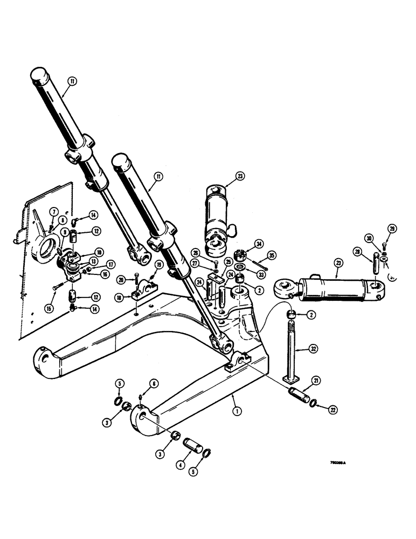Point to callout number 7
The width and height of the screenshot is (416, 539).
54,210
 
